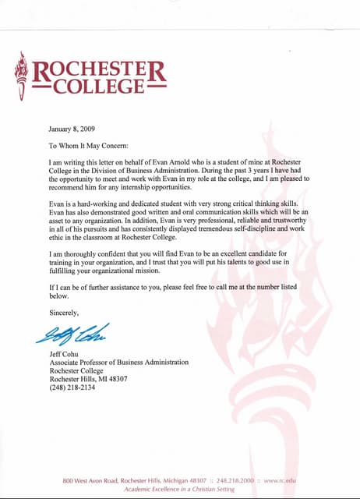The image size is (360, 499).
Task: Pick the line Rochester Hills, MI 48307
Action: [x=88, y=379]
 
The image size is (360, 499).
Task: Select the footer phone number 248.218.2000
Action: [x=235, y=480]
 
